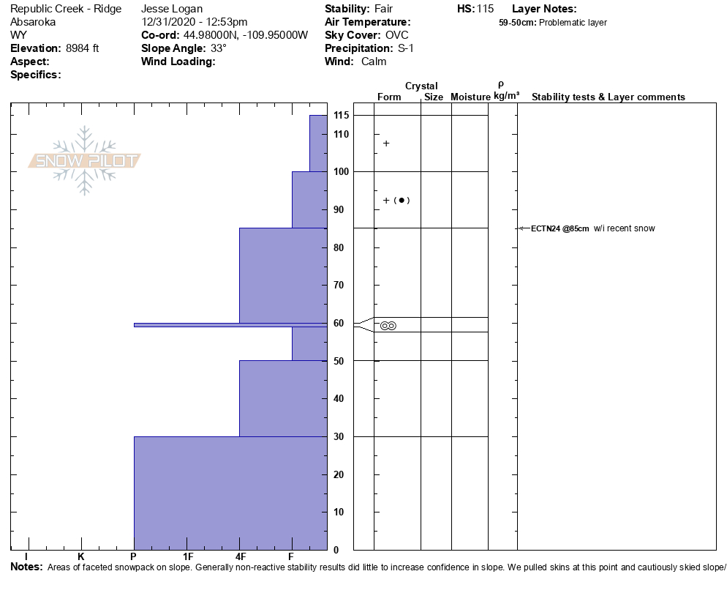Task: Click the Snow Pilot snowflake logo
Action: [x=85, y=160]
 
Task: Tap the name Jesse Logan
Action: [x=172, y=9]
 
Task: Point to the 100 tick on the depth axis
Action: [x=341, y=171]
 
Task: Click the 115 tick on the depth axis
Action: [x=341, y=116]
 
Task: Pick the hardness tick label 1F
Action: [x=187, y=557]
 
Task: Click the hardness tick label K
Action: [x=80, y=557]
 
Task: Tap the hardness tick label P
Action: [x=134, y=557]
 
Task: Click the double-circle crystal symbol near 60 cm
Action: [x=388, y=326]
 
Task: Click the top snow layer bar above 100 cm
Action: [x=318, y=143]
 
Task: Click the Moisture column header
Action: [x=470, y=97]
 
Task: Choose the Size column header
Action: [x=434, y=97]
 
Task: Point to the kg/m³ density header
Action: [x=506, y=96]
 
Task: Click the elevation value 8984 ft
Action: [x=83, y=48]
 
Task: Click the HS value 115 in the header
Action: [x=485, y=9]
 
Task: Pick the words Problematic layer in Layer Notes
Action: [x=573, y=23]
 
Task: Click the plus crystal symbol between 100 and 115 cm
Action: [x=386, y=143]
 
